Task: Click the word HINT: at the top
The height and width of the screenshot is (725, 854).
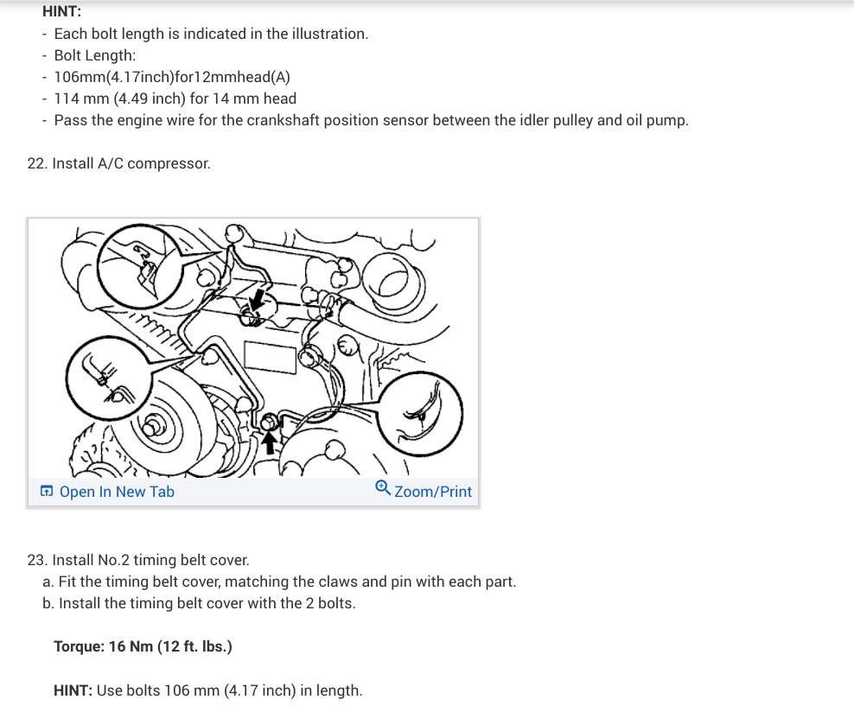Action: pyautogui.click(x=61, y=11)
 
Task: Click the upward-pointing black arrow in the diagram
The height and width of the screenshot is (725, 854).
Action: pyautogui.click(x=269, y=442)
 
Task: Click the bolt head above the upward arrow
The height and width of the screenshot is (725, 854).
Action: pyautogui.click(x=269, y=422)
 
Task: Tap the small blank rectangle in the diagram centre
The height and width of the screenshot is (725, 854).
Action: pyautogui.click(x=271, y=358)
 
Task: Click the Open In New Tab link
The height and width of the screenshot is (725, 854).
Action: pyautogui.click(x=117, y=492)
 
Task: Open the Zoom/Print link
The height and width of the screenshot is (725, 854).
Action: pyautogui.click(x=433, y=492)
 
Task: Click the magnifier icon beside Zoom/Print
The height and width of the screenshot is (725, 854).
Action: pyautogui.click(x=383, y=488)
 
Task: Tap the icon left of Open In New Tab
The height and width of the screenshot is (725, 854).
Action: pyautogui.click(x=47, y=492)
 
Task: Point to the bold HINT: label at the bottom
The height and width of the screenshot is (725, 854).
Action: pyautogui.click(x=73, y=690)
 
